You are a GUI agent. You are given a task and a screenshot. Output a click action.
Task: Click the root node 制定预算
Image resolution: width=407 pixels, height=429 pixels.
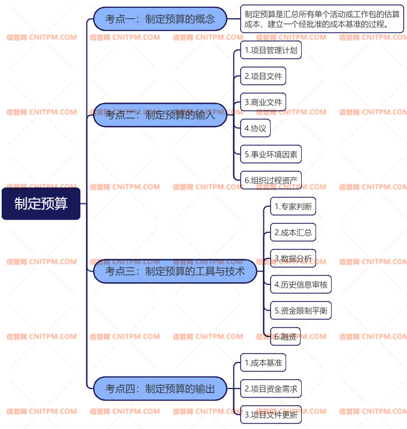coord(41,203)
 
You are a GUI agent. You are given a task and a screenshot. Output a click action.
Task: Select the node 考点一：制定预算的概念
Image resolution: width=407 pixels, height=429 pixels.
coord(160,19)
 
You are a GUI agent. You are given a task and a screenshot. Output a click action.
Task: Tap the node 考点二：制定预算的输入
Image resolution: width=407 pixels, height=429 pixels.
coord(160,115)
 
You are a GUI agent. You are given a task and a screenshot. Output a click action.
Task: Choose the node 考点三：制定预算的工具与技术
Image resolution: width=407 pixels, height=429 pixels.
coord(175,271)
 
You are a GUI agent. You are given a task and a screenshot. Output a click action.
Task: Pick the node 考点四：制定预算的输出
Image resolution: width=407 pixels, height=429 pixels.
coord(160,389)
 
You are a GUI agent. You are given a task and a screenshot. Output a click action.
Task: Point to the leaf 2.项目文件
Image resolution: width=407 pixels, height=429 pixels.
coord(263,76)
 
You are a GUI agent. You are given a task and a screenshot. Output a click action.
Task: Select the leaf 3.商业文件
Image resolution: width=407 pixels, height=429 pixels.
coord(263,102)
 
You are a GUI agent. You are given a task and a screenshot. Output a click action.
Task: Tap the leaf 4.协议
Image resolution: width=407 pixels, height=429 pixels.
coord(256,128)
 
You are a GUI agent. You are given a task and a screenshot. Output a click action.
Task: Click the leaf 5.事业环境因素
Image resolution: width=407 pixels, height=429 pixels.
coord(271,154)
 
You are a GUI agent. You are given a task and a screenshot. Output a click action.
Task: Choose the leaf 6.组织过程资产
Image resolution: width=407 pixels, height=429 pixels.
coord(271,180)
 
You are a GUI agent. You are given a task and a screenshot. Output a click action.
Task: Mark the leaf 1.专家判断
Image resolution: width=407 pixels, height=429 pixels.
coord(293,207)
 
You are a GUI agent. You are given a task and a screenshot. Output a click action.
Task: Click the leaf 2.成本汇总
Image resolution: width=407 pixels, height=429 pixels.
coord(293,233)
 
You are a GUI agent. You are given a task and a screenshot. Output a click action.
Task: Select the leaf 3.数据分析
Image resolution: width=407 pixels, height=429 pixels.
coord(293,258)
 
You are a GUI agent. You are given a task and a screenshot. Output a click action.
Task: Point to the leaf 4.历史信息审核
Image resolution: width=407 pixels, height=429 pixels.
coord(301,285)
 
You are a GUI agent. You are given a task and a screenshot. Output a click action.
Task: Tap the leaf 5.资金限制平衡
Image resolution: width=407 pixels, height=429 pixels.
coord(301,310)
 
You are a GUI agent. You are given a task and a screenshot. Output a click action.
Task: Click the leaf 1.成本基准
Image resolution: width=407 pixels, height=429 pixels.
coord(263,363)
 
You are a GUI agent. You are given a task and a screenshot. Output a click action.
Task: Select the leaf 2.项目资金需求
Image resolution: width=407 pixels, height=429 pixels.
coord(271,389)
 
